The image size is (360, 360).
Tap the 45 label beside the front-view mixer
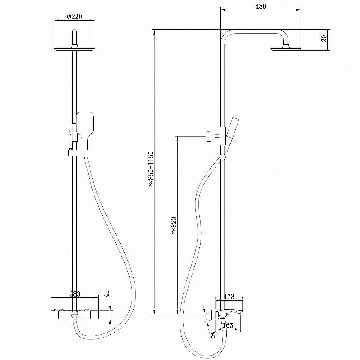pyautogui.click(x=107, y=294)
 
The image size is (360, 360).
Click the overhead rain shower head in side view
pyautogui.click(x=285, y=47)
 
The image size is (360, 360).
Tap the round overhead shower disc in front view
pyautogui.click(x=75, y=49)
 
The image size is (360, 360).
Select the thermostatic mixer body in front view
pyautogui.click(x=75, y=313)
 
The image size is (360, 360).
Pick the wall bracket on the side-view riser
pyautogui.click(x=210, y=135)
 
